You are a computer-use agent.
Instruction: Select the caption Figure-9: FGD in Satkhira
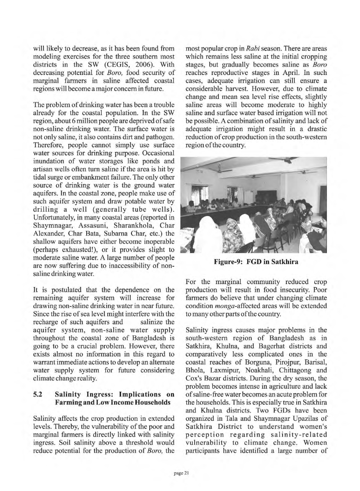click(253, 261)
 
